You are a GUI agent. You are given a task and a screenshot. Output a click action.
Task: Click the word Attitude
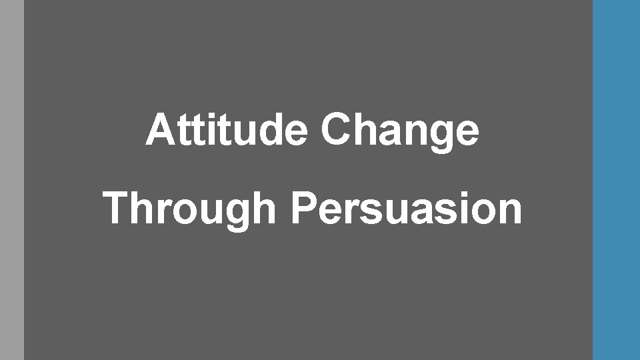(227, 130)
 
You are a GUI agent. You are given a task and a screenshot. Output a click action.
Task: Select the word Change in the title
(399, 131)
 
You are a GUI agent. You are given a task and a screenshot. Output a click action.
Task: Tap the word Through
(190, 208)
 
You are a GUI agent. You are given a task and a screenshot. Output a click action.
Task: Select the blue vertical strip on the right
(616, 180)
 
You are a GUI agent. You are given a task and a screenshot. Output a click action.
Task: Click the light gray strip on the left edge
(11, 180)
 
